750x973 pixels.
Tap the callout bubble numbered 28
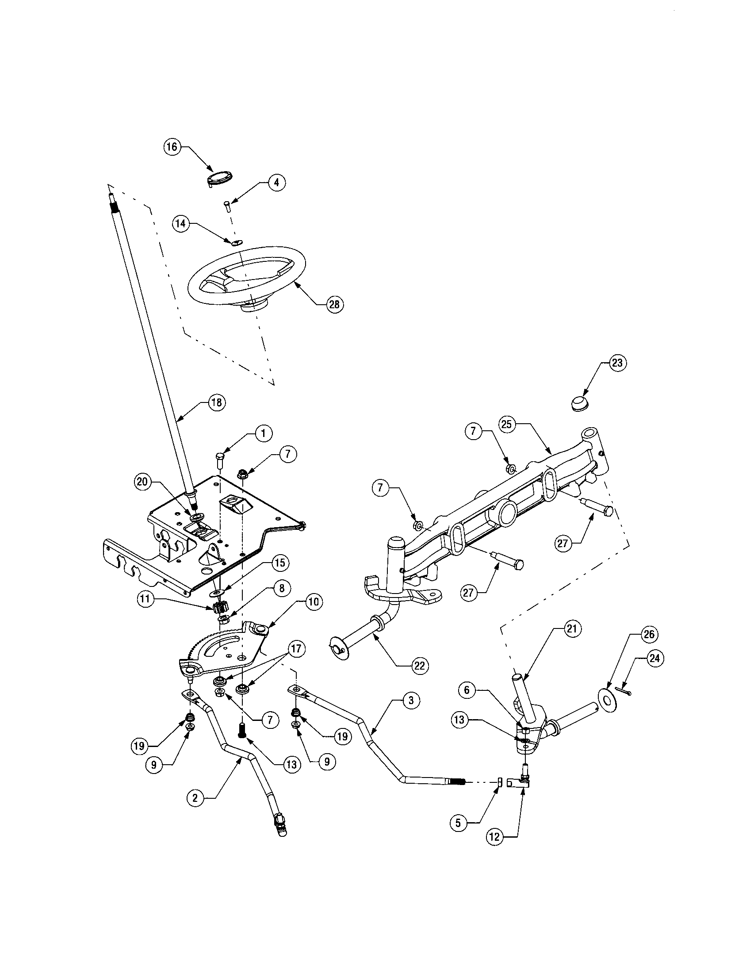pos(334,304)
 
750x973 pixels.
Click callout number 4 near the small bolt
pos(276,183)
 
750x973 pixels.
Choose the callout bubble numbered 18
pos(217,402)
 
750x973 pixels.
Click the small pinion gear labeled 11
pos(221,607)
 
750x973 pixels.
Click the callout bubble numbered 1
pos(263,433)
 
